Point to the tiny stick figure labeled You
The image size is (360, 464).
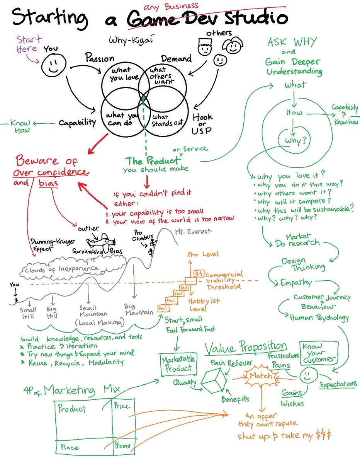pyautogui.click(x=16, y=299)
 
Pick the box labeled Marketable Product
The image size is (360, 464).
pyautogui.click(x=178, y=364)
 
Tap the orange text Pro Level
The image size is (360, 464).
pyautogui.click(x=203, y=254)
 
